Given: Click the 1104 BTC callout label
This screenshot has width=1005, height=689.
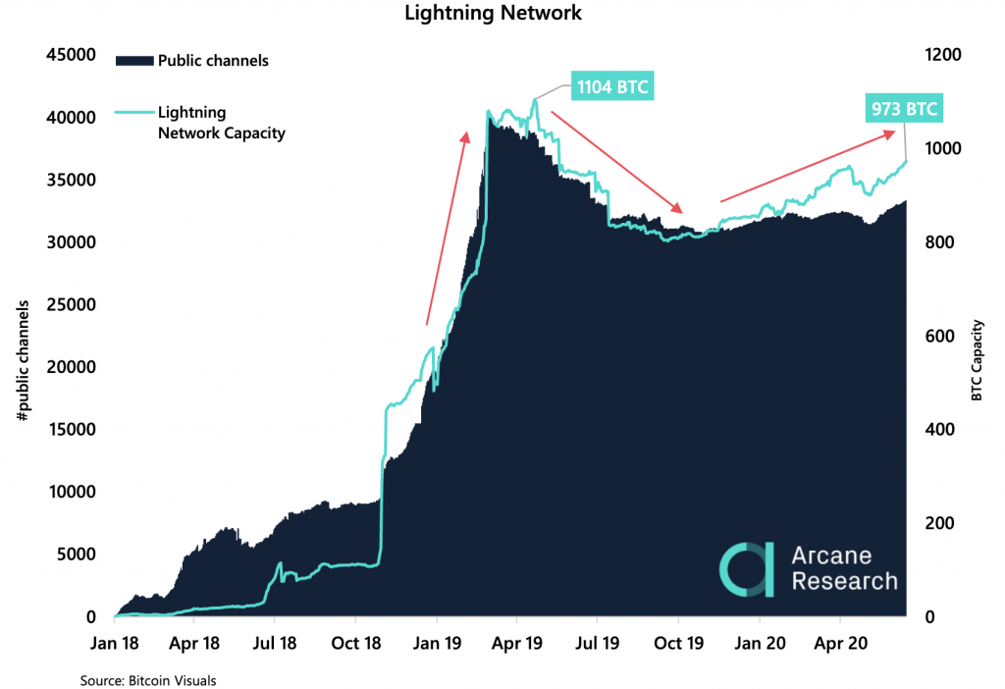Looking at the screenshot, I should [612, 86].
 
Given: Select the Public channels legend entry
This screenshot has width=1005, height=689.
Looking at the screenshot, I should [212, 61].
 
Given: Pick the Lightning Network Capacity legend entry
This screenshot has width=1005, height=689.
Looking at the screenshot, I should [221, 123].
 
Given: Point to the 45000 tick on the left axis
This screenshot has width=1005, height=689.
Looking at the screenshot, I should [73, 54].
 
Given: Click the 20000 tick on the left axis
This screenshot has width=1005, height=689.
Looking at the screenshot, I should [73, 367].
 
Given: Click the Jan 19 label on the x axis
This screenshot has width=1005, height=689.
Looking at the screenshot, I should [437, 645].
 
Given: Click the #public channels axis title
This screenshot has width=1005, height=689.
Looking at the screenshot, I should [23, 359].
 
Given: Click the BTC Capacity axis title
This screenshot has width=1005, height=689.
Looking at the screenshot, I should [978, 359].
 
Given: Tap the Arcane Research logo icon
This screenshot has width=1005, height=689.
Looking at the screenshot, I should [745, 569].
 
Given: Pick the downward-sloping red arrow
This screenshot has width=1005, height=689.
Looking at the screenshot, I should [616, 161].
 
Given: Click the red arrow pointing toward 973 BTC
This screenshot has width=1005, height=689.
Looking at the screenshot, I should [808, 167].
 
